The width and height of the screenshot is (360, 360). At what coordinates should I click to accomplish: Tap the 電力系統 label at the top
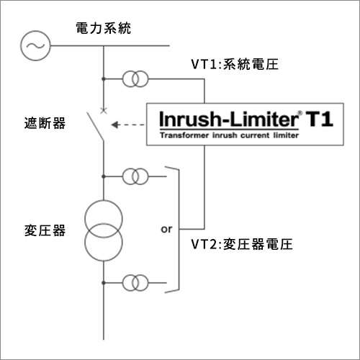pos(104,28)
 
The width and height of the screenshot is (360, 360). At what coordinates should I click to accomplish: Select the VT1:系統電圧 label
pos(235,64)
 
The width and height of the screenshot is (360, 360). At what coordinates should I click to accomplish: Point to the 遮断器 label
pos(45,123)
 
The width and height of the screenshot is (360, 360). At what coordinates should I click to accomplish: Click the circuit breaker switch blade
pos(95,127)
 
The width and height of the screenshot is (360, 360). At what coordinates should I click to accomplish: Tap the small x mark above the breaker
pos(104,110)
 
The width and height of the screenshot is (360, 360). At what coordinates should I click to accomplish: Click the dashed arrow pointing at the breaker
pos(127,125)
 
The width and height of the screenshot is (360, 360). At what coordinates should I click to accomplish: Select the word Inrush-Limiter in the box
pos(229,120)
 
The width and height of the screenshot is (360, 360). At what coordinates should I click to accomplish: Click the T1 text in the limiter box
pos(319,119)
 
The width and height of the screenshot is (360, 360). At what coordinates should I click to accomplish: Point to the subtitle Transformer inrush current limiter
pos(229,135)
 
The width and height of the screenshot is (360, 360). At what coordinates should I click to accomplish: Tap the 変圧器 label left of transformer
pos(45,230)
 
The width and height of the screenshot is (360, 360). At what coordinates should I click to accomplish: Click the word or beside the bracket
pos(166,229)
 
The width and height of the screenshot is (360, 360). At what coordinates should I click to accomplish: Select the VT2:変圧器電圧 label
pos(242,244)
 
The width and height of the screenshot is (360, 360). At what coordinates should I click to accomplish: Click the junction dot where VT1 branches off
pos(104,79)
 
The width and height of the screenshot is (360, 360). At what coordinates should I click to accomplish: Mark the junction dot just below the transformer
pos(104,283)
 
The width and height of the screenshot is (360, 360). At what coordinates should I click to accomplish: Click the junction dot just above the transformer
pos(104,176)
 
